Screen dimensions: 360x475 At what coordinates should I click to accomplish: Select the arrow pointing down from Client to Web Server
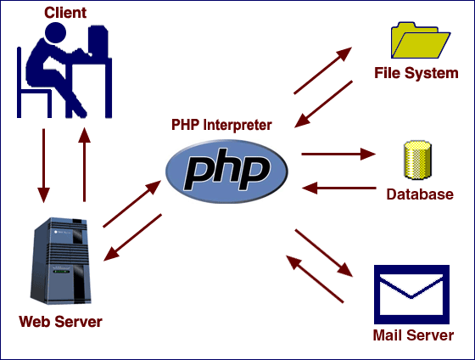40,162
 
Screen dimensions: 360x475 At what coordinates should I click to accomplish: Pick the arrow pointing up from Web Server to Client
85,162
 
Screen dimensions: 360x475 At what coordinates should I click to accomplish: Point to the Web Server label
60,322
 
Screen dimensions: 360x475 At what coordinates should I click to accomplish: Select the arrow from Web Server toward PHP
131,204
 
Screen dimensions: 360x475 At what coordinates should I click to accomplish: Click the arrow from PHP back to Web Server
131,238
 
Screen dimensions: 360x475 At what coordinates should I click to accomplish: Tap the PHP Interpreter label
222,125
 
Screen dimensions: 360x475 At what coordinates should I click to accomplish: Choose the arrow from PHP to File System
322,70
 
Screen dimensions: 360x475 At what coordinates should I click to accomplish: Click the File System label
416,74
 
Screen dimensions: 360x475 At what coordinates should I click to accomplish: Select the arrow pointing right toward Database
338,155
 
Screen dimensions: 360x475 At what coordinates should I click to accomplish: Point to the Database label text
419,194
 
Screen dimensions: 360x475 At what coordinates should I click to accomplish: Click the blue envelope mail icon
411,291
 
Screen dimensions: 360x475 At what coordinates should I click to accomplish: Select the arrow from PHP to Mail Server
323,252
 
